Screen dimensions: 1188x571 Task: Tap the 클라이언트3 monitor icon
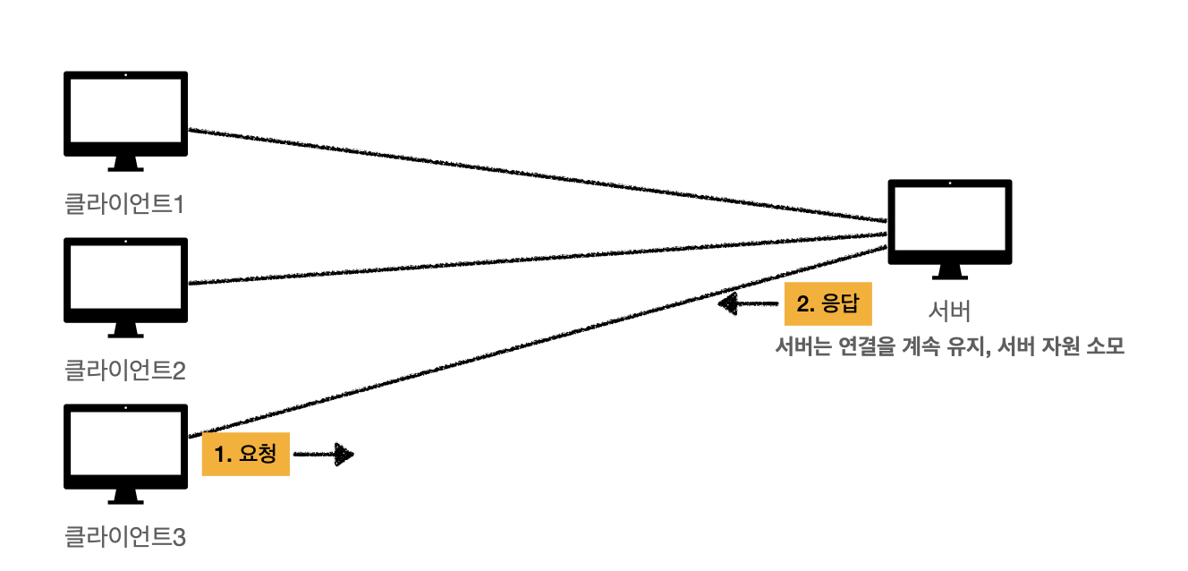125,447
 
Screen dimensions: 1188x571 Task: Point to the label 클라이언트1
125,205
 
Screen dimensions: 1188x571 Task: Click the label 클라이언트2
125,371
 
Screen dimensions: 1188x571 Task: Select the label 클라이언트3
125,537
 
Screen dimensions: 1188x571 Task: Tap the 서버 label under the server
949,311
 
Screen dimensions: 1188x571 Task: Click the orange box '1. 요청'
246,454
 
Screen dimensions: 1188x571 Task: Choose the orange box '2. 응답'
827,303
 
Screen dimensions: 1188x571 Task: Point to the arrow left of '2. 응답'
748,304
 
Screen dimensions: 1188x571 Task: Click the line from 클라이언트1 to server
537,175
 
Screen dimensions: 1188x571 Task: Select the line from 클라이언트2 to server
537,259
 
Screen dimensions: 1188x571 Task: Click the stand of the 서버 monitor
949,270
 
